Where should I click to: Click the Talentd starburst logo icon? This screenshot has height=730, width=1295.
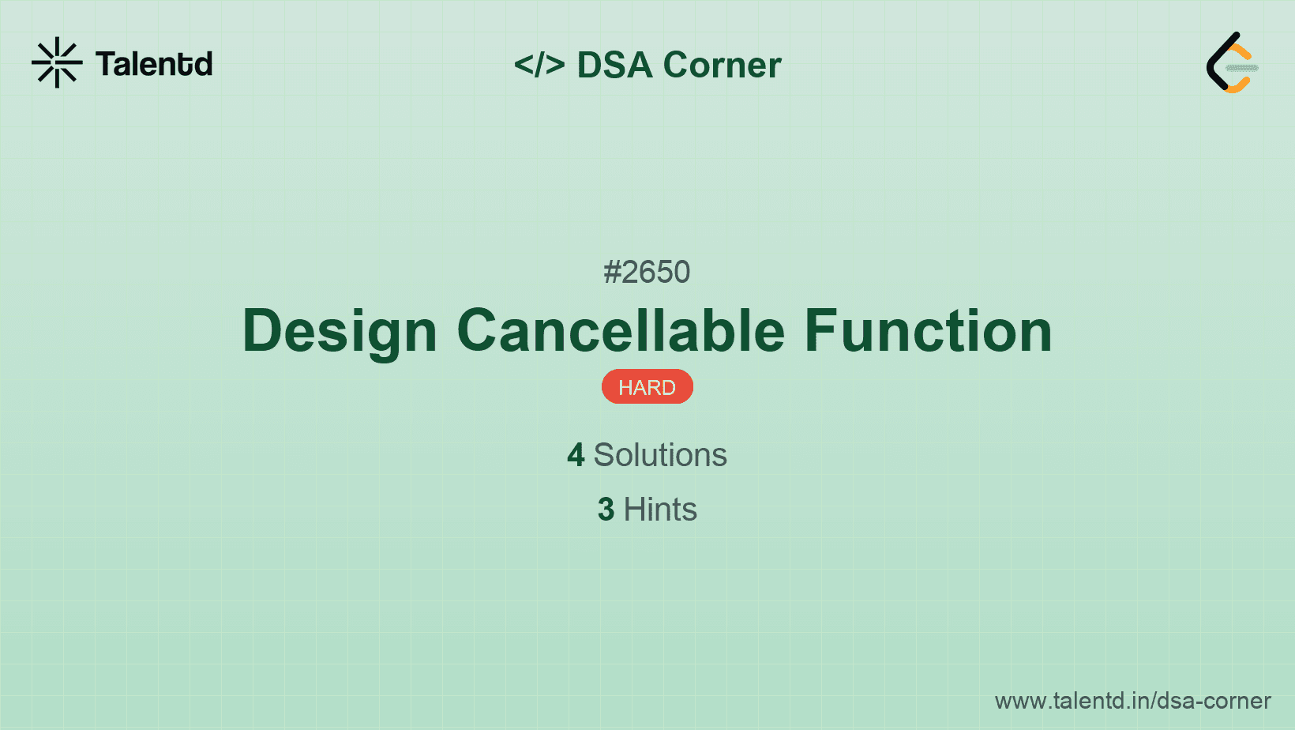(57, 62)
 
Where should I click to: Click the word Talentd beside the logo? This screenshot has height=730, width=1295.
(154, 64)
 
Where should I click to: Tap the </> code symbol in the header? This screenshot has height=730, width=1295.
(539, 65)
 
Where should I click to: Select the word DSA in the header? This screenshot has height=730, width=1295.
(614, 65)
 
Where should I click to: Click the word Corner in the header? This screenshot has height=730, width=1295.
(722, 65)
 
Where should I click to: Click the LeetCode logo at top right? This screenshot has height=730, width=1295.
(1232, 63)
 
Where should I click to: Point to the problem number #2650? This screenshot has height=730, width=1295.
(647, 272)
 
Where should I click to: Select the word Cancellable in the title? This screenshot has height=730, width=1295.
(621, 330)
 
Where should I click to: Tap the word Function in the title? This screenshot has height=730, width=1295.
(928, 330)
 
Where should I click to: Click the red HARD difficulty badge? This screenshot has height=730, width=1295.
(647, 387)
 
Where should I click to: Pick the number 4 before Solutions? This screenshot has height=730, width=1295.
(576, 455)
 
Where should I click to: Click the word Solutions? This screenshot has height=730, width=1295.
(660, 455)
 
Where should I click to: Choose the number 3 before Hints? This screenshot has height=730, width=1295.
(606, 510)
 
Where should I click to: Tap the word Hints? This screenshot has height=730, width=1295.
(660, 510)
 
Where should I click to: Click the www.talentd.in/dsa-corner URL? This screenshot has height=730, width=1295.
(1132, 701)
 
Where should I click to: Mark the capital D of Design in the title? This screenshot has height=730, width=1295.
(263, 330)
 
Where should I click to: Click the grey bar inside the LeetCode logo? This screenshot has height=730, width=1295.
(1242, 68)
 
